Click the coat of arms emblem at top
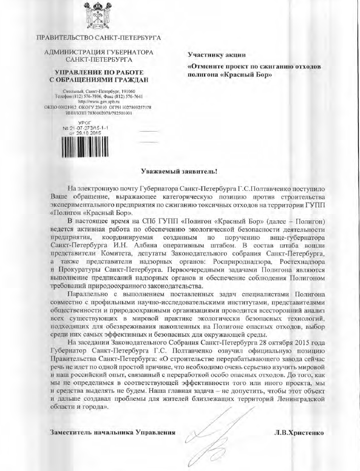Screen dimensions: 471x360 coord(98,16)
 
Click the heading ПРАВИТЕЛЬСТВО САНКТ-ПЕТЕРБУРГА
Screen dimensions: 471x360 coord(98,38)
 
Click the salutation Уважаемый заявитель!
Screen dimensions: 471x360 coord(179,172)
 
